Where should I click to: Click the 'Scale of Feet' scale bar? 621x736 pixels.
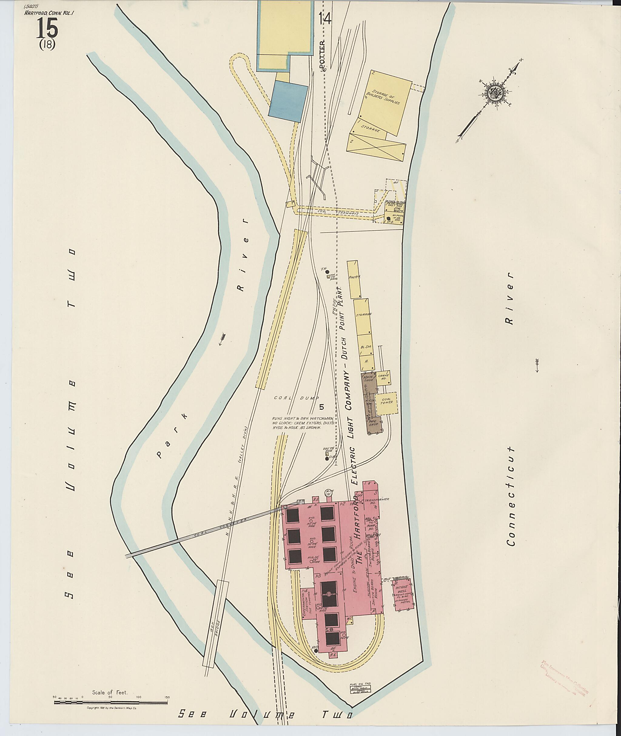[111, 446]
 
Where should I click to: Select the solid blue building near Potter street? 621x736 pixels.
[288, 101]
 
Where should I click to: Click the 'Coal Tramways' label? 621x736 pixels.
[338, 213]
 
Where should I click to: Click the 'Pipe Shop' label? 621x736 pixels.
[374, 422]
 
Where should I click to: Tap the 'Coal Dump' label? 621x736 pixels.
[297, 398]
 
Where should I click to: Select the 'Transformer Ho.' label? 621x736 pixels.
[377, 501]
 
